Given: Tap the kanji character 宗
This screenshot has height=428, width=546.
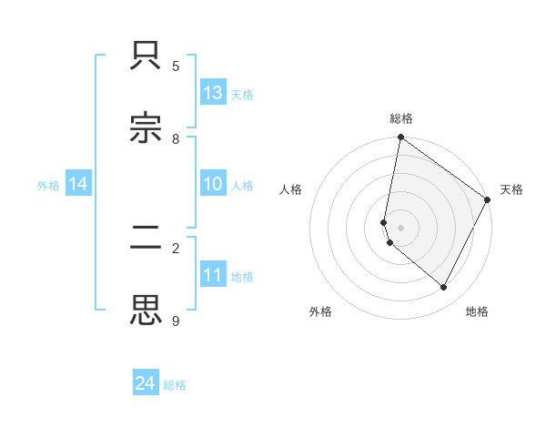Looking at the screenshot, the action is (147, 128).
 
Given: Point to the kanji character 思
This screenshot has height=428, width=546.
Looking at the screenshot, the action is (147, 311).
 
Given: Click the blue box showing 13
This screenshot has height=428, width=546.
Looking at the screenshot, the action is (212, 92).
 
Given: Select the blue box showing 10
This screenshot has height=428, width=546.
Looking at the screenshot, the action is (212, 184).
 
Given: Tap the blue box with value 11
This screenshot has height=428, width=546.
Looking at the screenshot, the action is (212, 275).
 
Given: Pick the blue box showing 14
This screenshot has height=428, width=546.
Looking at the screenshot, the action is (77, 184).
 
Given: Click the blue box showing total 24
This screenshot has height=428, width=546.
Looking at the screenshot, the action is (145, 383).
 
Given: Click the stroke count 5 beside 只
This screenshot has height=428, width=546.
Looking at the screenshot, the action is (176, 66).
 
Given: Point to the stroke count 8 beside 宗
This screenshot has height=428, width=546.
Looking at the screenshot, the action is (176, 139).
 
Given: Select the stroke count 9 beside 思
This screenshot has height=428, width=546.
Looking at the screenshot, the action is (176, 321).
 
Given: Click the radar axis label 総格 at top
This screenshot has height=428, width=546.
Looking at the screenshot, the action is (401, 118).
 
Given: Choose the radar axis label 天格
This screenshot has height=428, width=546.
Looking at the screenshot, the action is (511, 189).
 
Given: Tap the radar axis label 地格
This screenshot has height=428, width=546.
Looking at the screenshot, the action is (477, 311).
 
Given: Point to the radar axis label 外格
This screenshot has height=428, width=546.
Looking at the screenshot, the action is (320, 311).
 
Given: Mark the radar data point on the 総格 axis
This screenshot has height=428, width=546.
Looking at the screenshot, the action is (400, 138).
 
